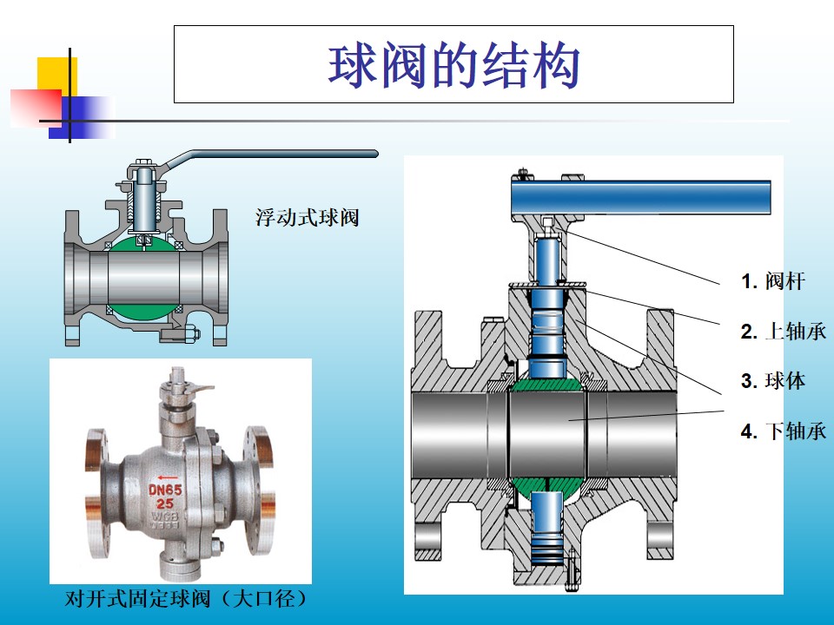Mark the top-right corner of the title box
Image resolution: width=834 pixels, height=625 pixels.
(x=733, y=26)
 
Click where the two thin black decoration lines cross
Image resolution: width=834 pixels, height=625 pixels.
(x=69, y=122)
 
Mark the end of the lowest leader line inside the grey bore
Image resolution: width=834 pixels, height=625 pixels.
(x=569, y=420)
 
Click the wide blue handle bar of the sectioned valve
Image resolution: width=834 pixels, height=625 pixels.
(x=641, y=197)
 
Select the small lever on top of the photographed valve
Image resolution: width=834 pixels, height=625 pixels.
(x=199, y=388)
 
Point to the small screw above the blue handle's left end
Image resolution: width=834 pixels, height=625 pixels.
(x=523, y=174)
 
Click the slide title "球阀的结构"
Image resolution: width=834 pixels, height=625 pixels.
(x=453, y=67)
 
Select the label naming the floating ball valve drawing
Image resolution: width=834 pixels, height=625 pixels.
(x=307, y=218)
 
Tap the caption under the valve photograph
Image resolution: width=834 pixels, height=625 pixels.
(x=186, y=599)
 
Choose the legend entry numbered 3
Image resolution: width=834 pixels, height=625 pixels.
(x=773, y=381)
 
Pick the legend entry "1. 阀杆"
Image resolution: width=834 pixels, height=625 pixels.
(x=773, y=281)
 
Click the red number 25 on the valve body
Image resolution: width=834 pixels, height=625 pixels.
(x=165, y=503)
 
